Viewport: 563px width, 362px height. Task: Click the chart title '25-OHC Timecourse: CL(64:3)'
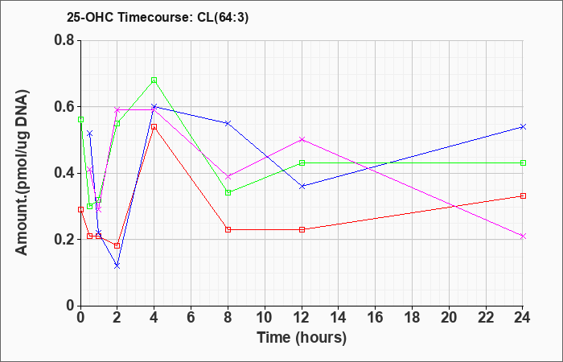158,18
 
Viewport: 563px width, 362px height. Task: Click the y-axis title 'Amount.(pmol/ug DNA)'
22,173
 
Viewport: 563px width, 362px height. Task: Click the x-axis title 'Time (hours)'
302,338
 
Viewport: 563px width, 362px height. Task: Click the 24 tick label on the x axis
523,318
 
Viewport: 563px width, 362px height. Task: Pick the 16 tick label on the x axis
376,318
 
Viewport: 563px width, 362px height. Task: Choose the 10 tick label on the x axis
265,318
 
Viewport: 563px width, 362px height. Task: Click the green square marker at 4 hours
154,80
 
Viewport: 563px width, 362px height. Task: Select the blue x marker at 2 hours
117,265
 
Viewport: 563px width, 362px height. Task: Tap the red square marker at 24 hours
523,195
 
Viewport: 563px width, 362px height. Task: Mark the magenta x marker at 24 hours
523,236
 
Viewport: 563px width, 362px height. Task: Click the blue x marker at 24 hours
523,127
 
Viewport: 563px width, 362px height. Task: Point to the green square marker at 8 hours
228,192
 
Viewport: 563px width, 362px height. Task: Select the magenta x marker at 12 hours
302,139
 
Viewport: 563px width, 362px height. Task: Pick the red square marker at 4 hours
154,127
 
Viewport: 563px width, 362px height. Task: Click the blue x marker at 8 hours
228,123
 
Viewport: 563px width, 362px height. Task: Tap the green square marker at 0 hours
80,119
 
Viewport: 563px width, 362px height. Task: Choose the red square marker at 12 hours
302,229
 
